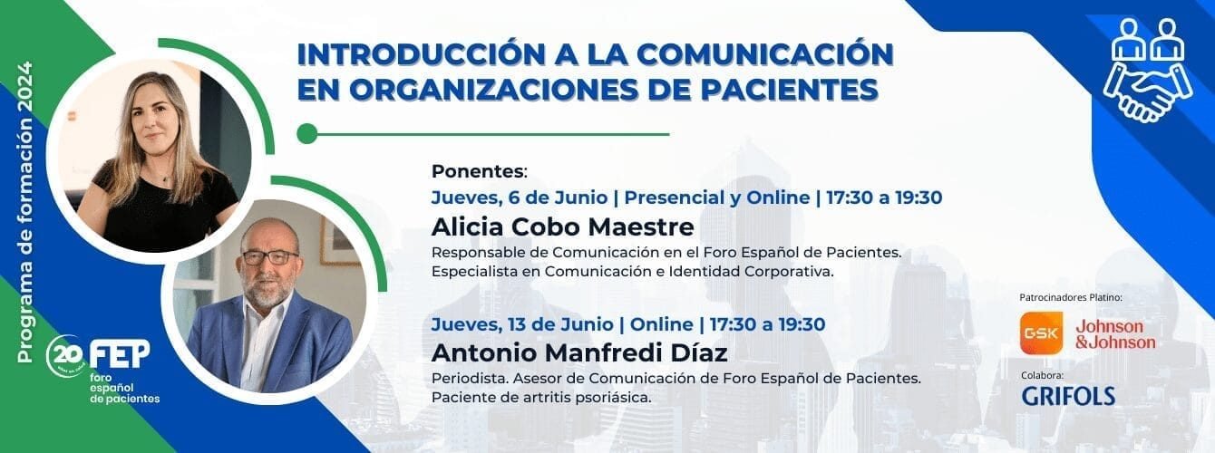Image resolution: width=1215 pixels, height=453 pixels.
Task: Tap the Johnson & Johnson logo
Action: pos(1114,333)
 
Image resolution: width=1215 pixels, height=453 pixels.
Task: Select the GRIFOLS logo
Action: pos(1068,396)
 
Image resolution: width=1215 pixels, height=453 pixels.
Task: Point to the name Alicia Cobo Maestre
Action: pos(562,226)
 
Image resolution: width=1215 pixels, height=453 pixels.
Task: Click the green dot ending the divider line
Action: pos(306,134)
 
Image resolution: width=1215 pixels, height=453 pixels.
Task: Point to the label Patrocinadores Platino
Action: pos(1071,297)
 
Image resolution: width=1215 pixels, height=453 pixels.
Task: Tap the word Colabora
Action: pos(1041,374)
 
